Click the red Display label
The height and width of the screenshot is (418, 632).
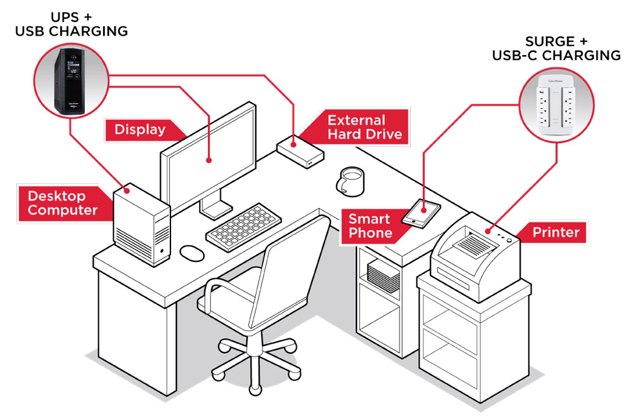pyautogui.click(x=139, y=130)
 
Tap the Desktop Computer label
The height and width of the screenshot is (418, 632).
pyautogui.click(x=62, y=203)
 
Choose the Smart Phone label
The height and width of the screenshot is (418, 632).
pyautogui.click(x=370, y=226)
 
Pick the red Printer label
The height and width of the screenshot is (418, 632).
pyautogui.click(x=556, y=232)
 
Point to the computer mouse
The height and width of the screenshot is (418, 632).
pyautogui.click(x=191, y=253)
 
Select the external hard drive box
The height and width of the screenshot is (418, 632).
pyautogui.click(x=300, y=151)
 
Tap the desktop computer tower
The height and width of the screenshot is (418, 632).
pyautogui.click(x=141, y=224)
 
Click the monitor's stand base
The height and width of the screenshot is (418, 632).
pyautogui.click(x=216, y=209)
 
